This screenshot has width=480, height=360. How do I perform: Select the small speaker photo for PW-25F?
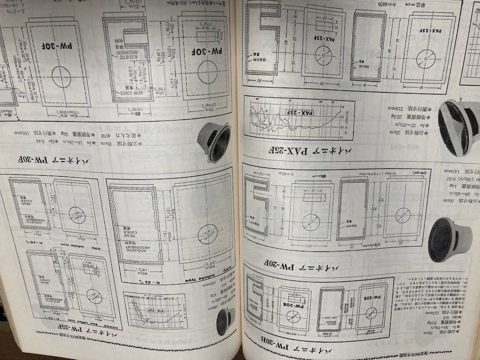point(227,321)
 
